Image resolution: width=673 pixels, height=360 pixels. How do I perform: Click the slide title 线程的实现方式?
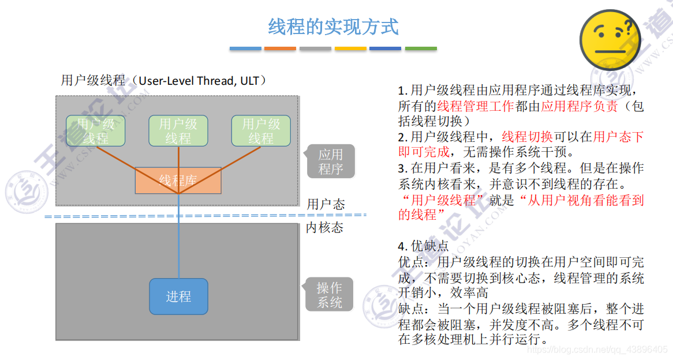coord(333,27)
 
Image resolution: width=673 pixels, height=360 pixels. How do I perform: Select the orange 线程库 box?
coord(178,181)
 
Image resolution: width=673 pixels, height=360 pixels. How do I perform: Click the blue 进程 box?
coord(178,297)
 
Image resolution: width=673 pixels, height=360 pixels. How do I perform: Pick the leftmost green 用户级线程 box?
coord(96,131)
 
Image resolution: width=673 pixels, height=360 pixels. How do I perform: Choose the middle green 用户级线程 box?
coord(178,131)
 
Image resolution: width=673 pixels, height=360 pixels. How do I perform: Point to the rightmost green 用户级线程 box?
coord(261,131)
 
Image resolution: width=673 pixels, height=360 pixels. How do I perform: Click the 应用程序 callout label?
coord(330,162)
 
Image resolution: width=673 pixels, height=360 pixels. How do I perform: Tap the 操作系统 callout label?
coord(329,295)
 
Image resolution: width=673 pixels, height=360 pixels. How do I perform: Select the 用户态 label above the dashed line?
coord(326,204)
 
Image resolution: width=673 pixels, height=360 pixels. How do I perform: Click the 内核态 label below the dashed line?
coord(324,227)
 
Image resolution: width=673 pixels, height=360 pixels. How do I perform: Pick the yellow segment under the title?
coord(351,48)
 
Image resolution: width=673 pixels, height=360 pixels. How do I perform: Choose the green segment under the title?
coord(421,48)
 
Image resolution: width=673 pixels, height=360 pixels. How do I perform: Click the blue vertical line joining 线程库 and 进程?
coord(178,237)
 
